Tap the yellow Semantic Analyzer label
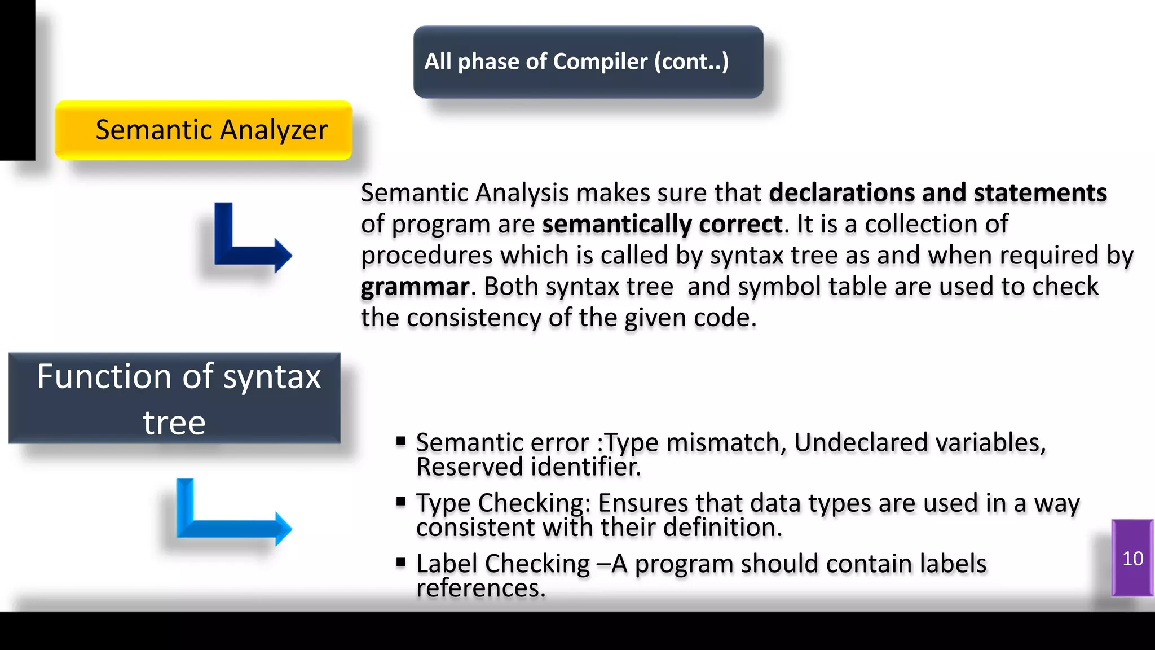(204, 130)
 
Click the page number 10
(1132, 559)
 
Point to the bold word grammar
(415, 287)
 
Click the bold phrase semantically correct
(662, 225)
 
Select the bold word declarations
(841, 193)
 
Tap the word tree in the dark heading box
(174, 423)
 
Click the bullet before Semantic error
(401, 441)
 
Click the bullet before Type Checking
(401, 502)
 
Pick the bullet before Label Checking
(401, 562)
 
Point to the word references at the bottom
(480, 588)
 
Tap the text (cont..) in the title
(691, 62)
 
